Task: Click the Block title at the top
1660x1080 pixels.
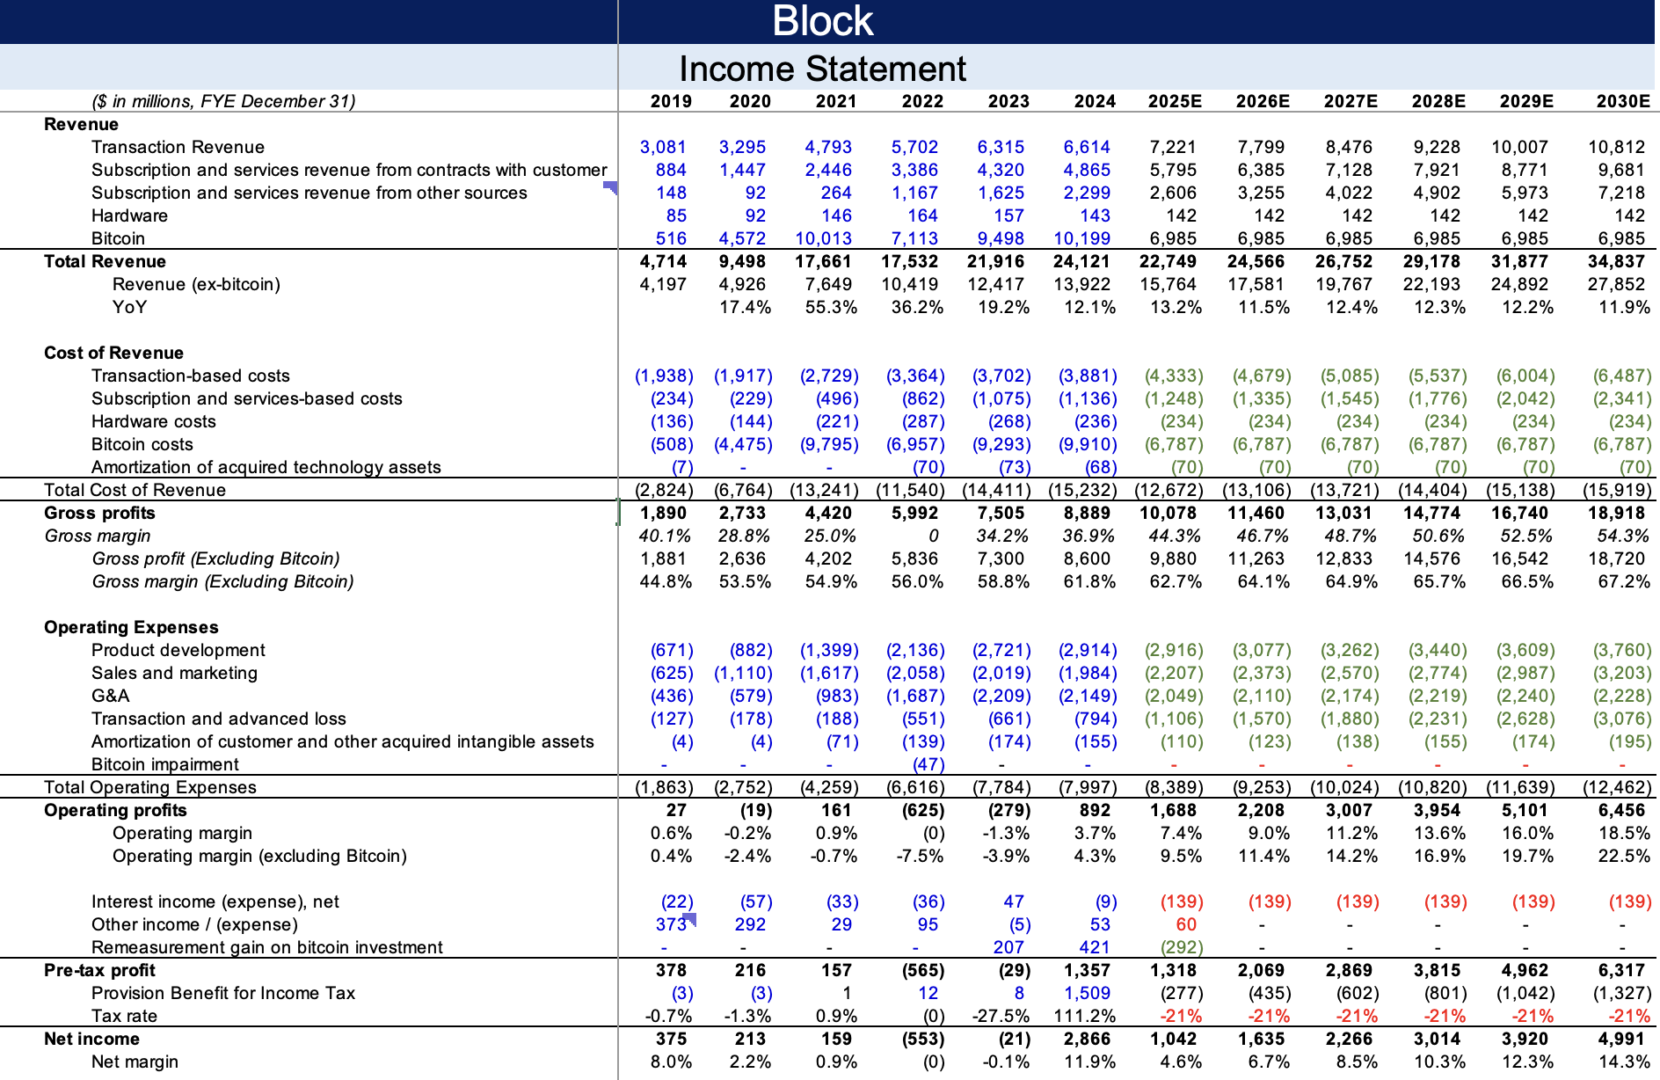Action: pyautogui.click(x=822, y=21)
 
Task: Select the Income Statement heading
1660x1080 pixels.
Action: pyautogui.click(x=822, y=69)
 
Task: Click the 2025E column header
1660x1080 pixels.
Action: pyautogui.click(x=1175, y=101)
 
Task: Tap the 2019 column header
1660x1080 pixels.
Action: pyautogui.click(x=671, y=101)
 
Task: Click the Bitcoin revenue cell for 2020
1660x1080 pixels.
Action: pyautogui.click(x=742, y=238)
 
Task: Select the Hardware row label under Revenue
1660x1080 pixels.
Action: pyautogui.click(x=129, y=215)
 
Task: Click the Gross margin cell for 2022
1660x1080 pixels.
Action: pyautogui.click(x=933, y=536)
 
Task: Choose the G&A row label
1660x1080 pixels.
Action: pyautogui.click(x=110, y=696)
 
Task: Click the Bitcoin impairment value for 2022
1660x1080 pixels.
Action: pyautogui.click(x=928, y=764)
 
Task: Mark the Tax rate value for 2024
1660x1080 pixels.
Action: pyautogui.click(x=1085, y=1016)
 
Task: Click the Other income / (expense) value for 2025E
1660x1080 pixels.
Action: pyautogui.click(x=1186, y=924)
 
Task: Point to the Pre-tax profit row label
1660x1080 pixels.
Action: pyautogui.click(x=99, y=970)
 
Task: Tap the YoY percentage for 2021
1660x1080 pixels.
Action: pyautogui.click(x=831, y=307)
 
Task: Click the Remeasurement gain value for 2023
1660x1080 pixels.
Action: pyautogui.click(x=1008, y=947)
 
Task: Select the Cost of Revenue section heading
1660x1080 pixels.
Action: pyautogui.click(x=113, y=353)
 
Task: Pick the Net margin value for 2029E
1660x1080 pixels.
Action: pyautogui.click(x=1527, y=1062)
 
